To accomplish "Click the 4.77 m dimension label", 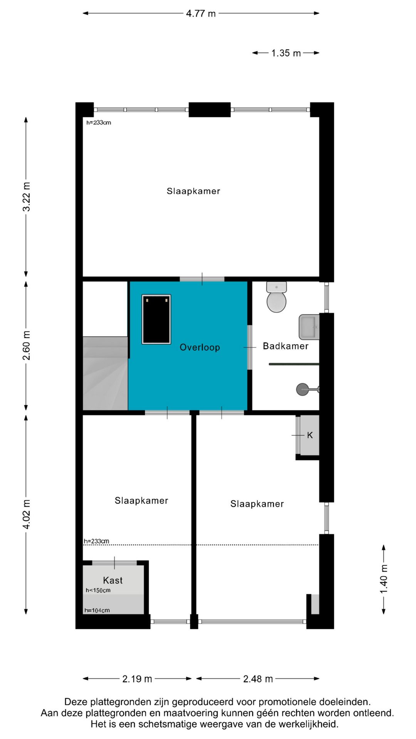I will (x=201, y=14).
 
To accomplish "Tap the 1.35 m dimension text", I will (x=286, y=53).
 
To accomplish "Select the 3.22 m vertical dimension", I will (x=26, y=197).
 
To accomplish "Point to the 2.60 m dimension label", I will (x=26, y=345).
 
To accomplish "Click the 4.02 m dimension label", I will (x=26, y=514).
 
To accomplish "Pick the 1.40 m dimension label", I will (x=384, y=579).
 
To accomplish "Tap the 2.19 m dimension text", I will (x=137, y=679).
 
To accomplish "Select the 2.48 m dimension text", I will (x=258, y=679).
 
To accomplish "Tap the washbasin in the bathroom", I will (x=309, y=327).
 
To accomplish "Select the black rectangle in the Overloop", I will (x=156, y=319).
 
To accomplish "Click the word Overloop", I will (x=200, y=347).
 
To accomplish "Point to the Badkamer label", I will (x=285, y=346).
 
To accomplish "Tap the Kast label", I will (x=112, y=580).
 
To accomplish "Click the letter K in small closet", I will (x=310, y=435).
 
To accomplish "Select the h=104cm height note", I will (x=97, y=610).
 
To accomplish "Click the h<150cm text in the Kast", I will (x=98, y=590).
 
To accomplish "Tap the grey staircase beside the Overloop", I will (x=105, y=373).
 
